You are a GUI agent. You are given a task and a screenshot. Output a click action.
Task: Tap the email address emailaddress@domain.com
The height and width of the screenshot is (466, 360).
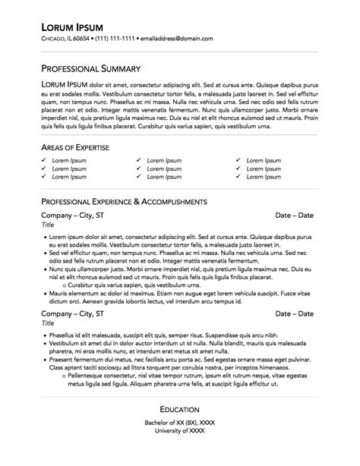click(x=177, y=38)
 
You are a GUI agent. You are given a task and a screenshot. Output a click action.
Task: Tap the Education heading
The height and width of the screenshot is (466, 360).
click(x=180, y=409)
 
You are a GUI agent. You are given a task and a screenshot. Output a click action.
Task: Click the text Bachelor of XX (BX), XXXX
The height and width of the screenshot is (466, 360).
click(x=180, y=423)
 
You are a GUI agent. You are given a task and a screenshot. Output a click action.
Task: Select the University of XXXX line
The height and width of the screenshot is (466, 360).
click(x=180, y=431)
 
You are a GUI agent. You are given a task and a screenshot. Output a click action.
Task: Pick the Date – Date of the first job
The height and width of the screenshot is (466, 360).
click(x=294, y=216)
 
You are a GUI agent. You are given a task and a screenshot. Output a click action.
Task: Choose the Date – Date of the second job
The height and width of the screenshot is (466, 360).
click(x=294, y=313)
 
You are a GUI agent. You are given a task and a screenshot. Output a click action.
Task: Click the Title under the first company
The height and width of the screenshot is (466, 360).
click(x=48, y=225)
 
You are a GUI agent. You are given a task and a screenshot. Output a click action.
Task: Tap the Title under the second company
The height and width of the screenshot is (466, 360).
click(x=48, y=323)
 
